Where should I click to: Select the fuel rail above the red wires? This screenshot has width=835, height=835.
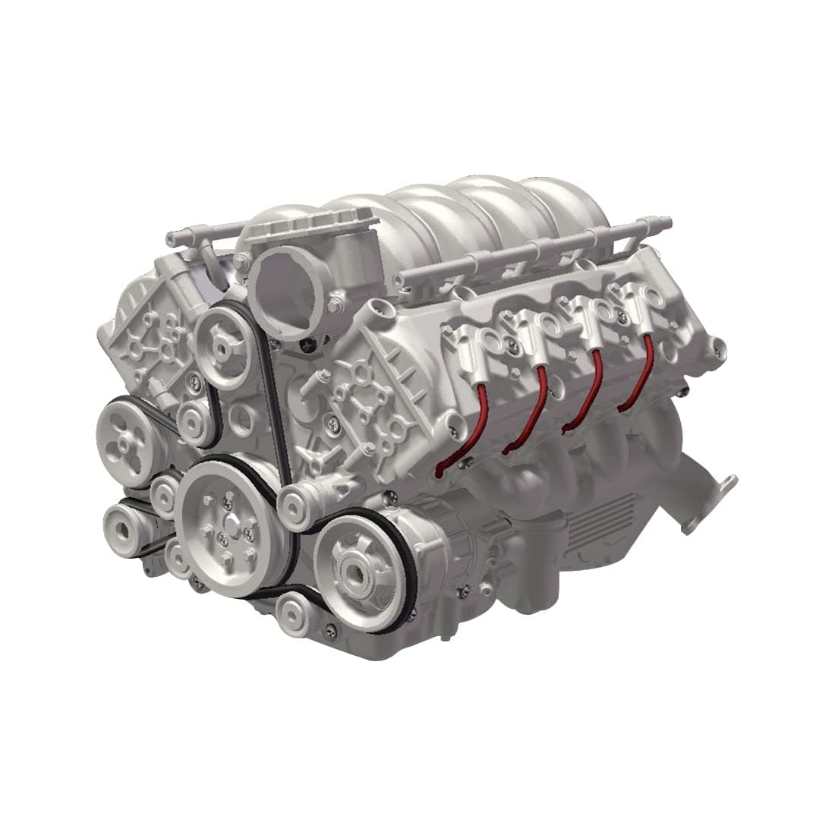[x=531, y=250]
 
